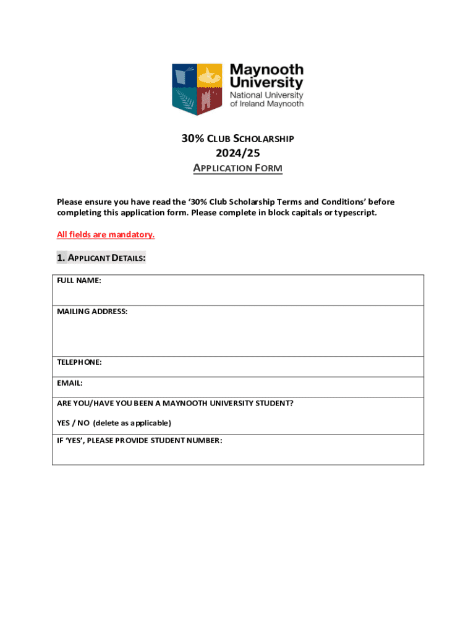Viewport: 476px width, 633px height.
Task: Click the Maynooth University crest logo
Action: coord(198,88)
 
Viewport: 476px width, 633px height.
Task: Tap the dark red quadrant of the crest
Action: coord(211,99)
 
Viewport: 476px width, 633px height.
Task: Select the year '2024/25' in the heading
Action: coord(237,153)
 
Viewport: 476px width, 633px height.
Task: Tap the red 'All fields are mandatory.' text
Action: coord(106,235)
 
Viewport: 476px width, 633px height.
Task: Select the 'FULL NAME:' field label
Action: coord(79,281)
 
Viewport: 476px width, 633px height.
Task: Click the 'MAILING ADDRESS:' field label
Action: coord(92,312)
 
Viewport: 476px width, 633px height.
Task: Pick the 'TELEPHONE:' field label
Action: coord(79,362)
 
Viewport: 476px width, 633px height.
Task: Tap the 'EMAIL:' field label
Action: coord(70,383)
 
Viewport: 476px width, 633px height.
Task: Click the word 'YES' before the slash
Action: coord(64,423)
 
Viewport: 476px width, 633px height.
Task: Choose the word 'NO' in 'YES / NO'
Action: coord(83,423)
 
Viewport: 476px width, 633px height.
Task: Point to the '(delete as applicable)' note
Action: coord(132,423)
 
